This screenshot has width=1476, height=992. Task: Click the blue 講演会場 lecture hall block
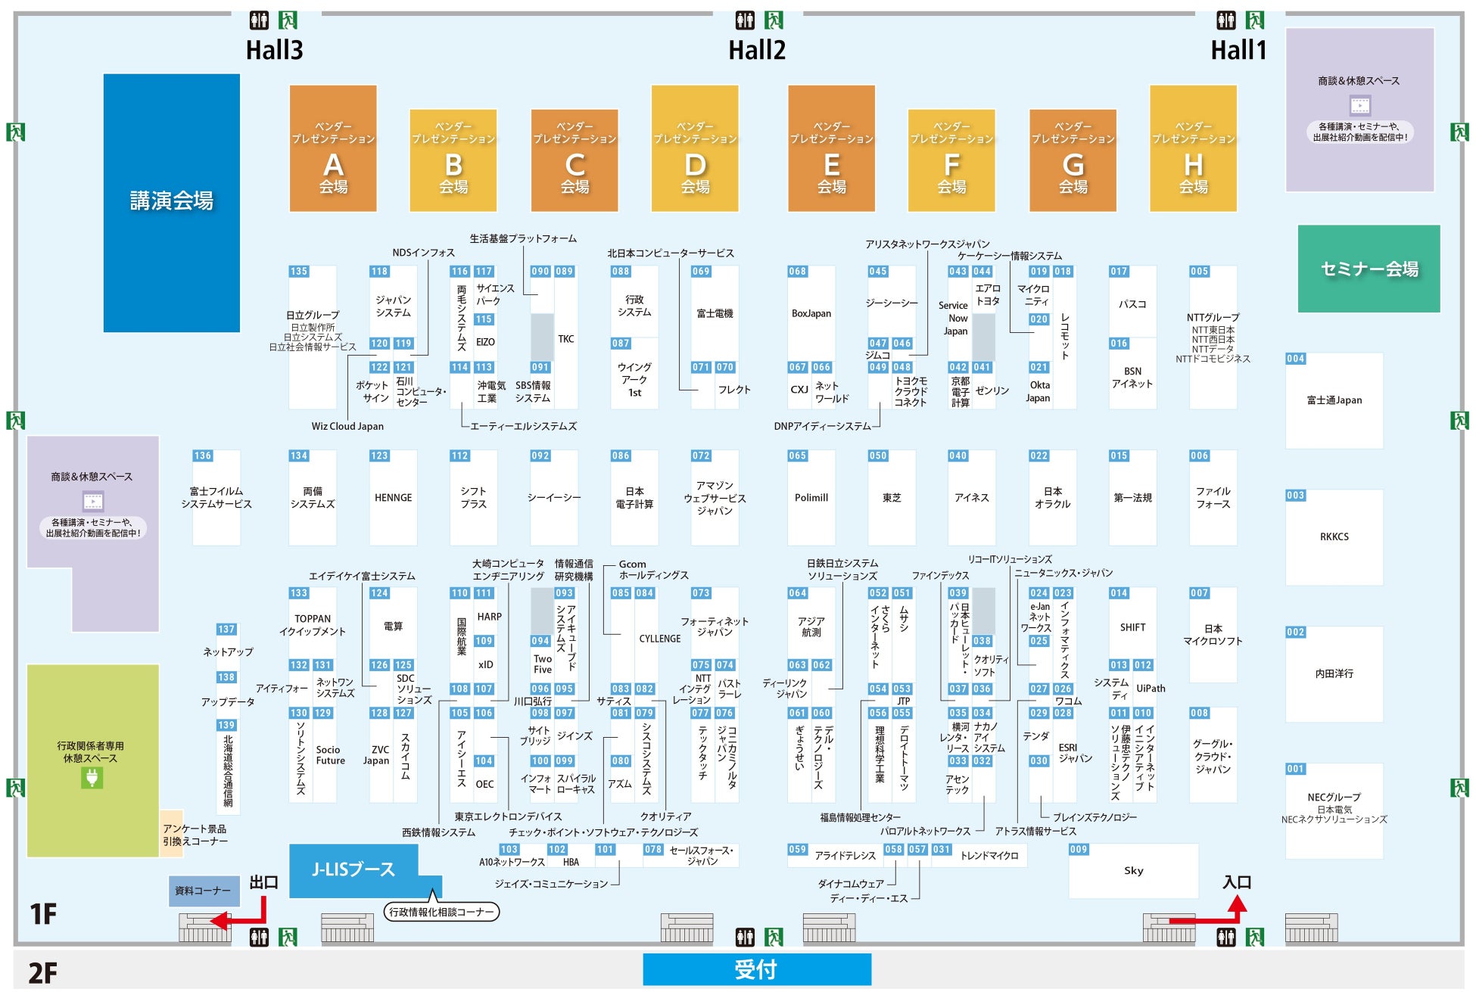click(172, 203)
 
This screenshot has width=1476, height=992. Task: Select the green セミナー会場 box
click(1369, 269)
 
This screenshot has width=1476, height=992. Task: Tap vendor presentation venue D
click(695, 148)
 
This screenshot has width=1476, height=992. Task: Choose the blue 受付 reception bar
click(757, 969)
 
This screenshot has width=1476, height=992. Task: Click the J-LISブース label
click(353, 869)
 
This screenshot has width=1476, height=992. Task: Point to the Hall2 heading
click(757, 50)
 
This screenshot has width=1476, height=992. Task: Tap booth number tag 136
click(203, 456)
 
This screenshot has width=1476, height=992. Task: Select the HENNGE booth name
click(394, 498)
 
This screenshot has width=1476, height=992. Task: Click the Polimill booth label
click(811, 498)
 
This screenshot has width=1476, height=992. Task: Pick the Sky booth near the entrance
click(1134, 871)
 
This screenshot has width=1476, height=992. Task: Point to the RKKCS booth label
click(1334, 536)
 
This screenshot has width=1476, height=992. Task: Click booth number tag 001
click(1296, 769)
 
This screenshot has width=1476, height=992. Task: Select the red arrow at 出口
click(241, 913)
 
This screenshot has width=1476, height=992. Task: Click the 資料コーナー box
click(204, 891)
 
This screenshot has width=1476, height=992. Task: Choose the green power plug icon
click(92, 778)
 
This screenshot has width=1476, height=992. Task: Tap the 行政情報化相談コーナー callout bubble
click(441, 912)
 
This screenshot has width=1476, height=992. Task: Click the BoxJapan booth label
click(811, 313)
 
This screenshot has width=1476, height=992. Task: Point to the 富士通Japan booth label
click(1334, 400)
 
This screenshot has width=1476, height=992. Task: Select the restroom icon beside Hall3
click(259, 20)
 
